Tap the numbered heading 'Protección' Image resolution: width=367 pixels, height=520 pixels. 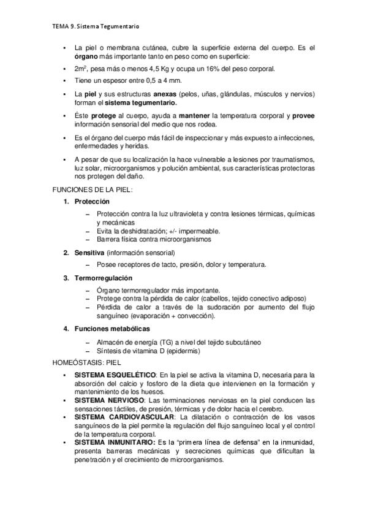[x=92, y=201]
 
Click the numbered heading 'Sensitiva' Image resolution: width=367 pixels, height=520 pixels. [x=89, y=253]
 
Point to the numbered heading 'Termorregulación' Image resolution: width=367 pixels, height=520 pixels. [x=104, y=278]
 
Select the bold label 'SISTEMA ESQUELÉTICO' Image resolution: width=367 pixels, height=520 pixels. [x=115, y=374]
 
